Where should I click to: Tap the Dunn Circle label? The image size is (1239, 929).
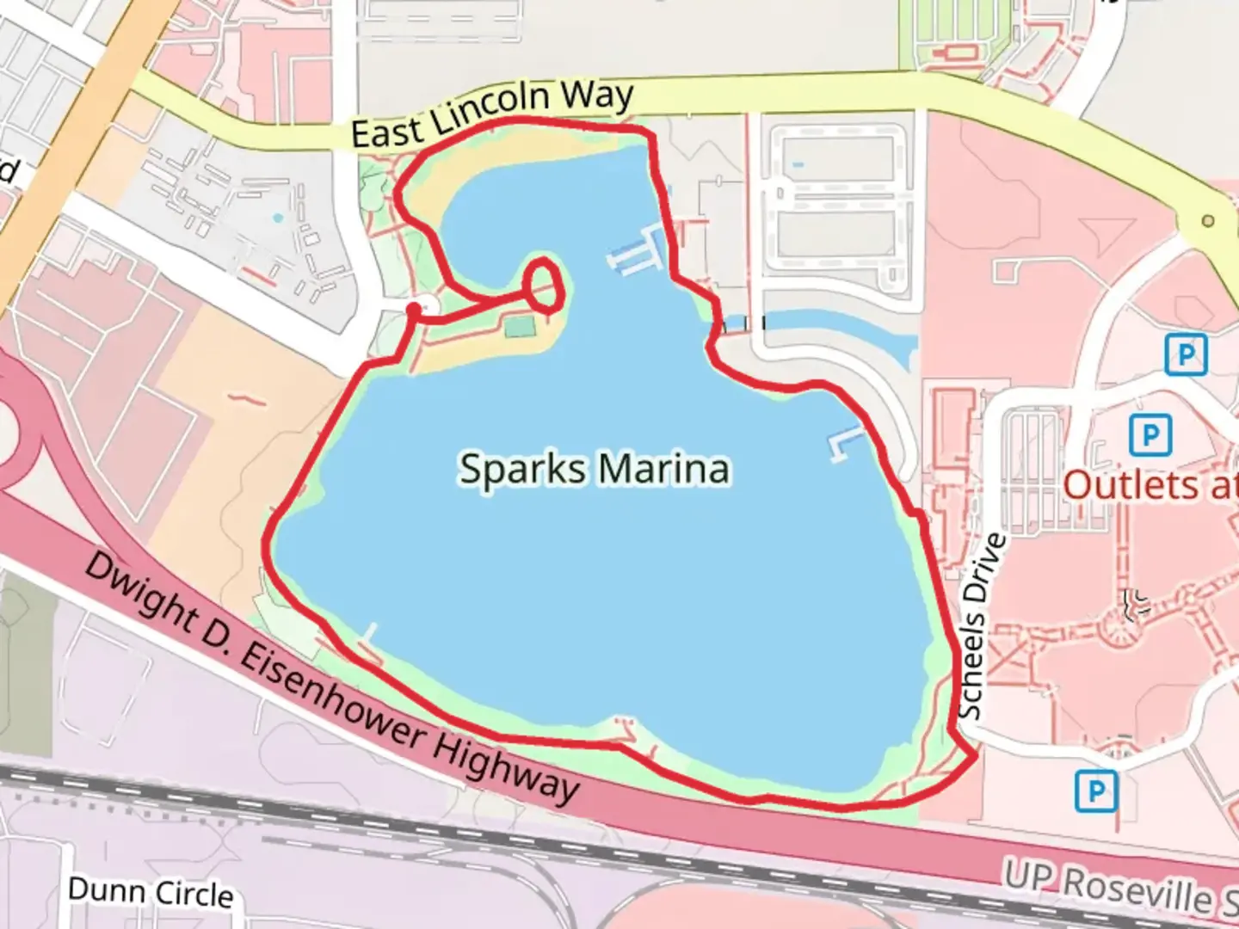(150, 892)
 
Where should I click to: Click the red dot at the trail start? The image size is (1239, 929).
(414, 309)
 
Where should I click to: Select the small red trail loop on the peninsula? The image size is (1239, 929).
(545, 284)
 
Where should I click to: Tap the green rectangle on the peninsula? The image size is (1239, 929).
(521, 327)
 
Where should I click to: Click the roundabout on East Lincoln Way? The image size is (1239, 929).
(1207, 221)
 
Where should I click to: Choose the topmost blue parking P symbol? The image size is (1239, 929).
(1186, 354)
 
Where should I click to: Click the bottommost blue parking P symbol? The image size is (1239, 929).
(1096, 790)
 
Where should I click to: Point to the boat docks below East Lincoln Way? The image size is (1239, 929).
(638, 251)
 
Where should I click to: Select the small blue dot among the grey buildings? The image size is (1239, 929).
(277, 218)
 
